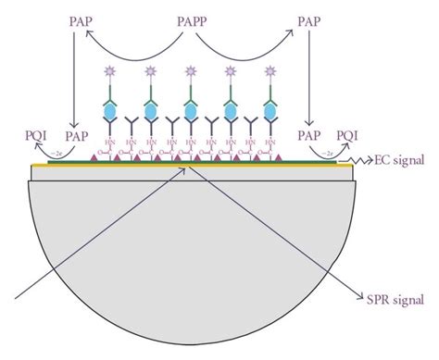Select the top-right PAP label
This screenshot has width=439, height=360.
click(317, 19)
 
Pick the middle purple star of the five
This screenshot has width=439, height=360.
click(191, 70)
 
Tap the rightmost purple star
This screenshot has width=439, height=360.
click(270, 70)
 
